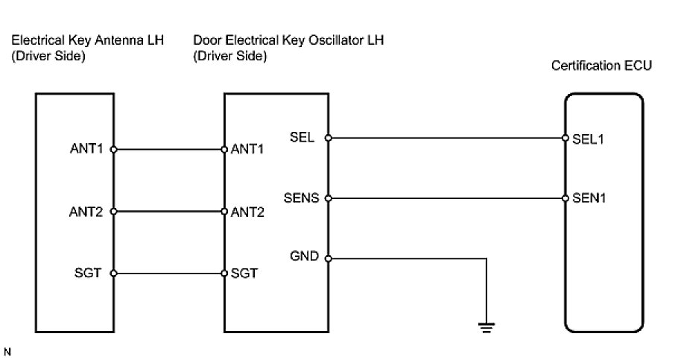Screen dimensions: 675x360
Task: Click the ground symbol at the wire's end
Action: [x=487, y=328]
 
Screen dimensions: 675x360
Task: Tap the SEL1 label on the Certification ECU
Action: [x=588, y=139]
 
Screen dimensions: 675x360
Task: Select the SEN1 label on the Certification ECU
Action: [x=589, y=198]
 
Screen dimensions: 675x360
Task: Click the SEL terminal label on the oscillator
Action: [x=302, y=137]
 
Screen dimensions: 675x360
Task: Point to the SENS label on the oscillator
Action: [x=301, y=198]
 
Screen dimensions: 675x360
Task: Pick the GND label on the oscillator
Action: [x=305, y=256]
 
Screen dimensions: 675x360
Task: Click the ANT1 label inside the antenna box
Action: [x=86, y=148]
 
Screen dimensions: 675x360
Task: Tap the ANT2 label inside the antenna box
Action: [x=86, y=212]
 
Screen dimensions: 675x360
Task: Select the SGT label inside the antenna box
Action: [x=88, y=273]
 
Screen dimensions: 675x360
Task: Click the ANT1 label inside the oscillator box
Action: [x=247, y=149]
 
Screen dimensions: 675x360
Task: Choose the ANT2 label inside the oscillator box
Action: [x=247, y=212]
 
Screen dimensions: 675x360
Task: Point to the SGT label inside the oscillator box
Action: [x=244, y=273]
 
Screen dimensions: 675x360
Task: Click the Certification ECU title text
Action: [x=601, y=66]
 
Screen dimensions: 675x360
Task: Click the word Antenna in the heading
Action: [x=119, y=40]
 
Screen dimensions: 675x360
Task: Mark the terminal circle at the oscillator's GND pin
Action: [x=329, y=259]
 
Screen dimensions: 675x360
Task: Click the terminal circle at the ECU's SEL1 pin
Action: [x=565, y=138]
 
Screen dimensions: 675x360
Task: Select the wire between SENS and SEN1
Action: [x=447, y=198]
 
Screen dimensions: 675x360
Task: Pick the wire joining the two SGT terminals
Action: [x=168, y=274]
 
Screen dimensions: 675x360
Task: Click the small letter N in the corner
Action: [x=7, y=352]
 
